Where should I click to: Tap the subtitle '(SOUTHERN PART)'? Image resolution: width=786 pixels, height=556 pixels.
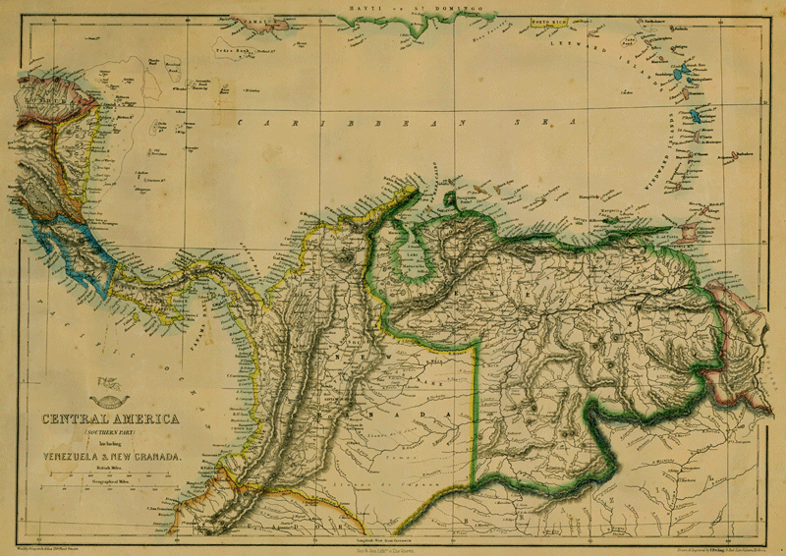click(x=109, y=433)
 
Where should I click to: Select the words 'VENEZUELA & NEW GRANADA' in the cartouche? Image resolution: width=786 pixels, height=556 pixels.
click(x=110, y=454)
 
